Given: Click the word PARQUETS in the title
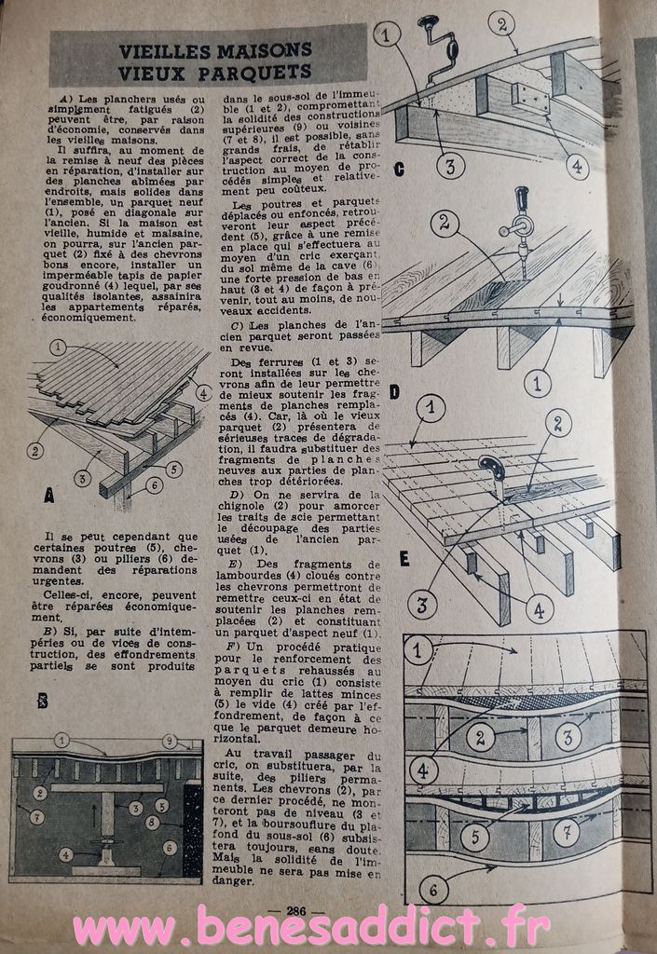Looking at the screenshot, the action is point(254,73).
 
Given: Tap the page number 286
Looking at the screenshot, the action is point(295,911).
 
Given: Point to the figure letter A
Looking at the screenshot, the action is point(49,496).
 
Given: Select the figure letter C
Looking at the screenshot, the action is point(399,170).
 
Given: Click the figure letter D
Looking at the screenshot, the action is point(394,392).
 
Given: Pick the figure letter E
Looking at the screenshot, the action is point(404,559).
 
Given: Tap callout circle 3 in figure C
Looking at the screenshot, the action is point(450,166).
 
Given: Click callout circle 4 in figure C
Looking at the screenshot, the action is point(576,166).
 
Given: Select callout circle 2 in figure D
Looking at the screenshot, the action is point(445,224).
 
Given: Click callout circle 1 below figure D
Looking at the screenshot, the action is point(538,384).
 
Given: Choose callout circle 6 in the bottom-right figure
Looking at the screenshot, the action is point(433,891).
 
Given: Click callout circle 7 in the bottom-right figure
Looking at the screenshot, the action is point(567,831).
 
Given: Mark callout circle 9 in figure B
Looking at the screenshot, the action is point(170,741).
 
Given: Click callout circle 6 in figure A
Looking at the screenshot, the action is point(154,484).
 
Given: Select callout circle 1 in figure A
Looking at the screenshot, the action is point(58,348).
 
